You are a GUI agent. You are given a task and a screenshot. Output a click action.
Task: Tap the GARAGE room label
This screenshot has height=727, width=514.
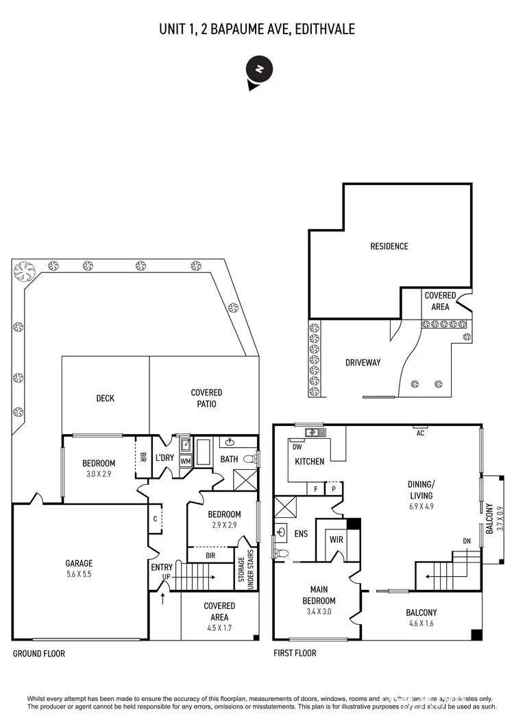[x=79, y=563]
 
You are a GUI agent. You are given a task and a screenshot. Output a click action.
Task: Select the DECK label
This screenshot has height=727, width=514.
[x=105, y=398]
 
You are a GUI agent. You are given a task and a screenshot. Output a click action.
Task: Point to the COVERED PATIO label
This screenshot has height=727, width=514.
[x=206, y=398]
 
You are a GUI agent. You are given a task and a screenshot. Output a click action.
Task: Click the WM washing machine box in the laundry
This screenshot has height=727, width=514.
[x=185, y=462]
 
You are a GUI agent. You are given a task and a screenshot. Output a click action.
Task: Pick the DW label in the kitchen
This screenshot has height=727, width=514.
[x=297, y=446]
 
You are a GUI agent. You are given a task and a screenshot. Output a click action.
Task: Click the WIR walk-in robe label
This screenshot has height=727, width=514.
[x=336, y=540]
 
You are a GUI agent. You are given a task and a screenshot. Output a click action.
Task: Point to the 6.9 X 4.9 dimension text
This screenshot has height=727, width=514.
[x=421, y=507]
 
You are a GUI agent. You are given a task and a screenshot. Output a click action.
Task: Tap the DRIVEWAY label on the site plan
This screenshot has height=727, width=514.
[x=363, y=363]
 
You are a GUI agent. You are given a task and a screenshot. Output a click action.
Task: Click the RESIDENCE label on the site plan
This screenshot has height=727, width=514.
[x=389, y=246]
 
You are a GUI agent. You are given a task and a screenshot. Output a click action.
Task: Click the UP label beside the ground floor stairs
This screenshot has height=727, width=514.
[x=167, y=577]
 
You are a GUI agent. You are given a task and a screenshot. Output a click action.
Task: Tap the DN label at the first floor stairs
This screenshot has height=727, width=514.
[x=467, y=541]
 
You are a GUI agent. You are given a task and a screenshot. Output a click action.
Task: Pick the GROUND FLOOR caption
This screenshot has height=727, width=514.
[x=39, y=654]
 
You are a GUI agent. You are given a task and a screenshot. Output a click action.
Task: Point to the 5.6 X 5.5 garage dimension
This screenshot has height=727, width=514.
[x=79, y=574]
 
